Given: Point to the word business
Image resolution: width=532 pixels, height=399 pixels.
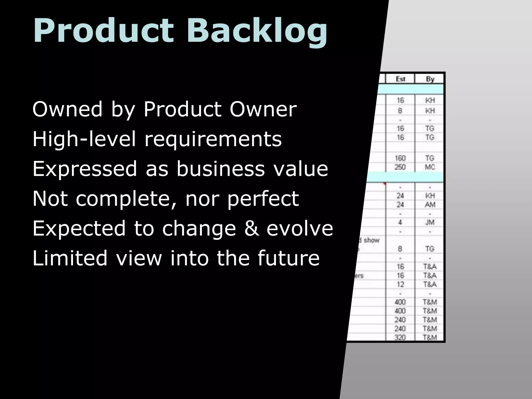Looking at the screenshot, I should point(221,169).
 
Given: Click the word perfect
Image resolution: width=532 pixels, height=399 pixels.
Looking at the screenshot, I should point(263,199).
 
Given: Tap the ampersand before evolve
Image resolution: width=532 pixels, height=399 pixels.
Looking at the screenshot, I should point(251,228).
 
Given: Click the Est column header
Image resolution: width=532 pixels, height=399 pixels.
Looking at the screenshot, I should point(400,79).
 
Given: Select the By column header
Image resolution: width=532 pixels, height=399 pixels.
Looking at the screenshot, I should point(430,79).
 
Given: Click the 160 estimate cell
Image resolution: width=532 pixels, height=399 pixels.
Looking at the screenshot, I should point(400,158).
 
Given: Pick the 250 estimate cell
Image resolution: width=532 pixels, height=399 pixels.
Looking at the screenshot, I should point(400,167).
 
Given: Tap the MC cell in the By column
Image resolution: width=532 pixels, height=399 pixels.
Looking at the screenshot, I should point(430,167).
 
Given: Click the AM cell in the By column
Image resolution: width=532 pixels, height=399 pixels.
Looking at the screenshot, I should point(430,205).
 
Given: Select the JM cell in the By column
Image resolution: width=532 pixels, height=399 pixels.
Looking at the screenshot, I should point(430,222).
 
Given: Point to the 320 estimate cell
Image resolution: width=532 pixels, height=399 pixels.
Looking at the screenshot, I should point(400,337).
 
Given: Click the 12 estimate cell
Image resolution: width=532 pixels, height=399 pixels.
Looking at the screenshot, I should point(400,284).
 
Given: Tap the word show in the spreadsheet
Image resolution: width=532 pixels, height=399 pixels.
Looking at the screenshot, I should point(371,240).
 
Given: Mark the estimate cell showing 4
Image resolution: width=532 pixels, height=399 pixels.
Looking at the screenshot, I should point(400,222).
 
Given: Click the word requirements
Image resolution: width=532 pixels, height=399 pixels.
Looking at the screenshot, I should point(213,139).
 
